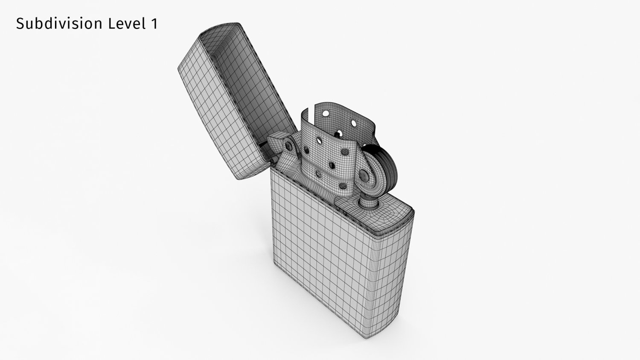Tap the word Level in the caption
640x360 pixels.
[126, 24]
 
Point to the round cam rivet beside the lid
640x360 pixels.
[290, 146]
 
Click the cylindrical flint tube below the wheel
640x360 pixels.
[368, 200]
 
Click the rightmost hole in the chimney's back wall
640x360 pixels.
[354, 123]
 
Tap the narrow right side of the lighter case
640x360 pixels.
[395, 273]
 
